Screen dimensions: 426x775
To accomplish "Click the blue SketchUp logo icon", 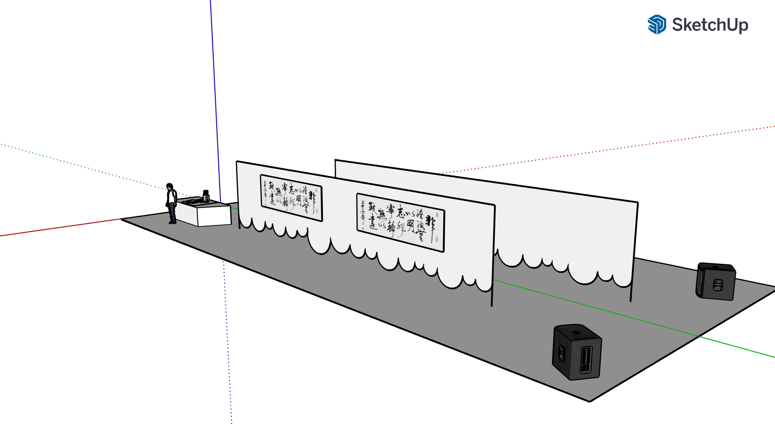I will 657,24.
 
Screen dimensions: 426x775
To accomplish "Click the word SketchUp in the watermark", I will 710,25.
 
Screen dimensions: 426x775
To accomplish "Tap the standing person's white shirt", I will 172,197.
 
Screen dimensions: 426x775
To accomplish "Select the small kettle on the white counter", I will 206,198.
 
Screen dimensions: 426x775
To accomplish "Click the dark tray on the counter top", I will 193,202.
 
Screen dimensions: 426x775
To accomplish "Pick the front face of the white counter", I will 214,216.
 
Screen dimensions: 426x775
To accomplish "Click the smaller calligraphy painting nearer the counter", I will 291,198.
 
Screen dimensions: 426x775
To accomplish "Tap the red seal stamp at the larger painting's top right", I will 437,215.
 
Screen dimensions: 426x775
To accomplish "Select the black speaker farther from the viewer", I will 715,282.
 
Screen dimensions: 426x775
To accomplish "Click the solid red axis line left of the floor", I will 62,228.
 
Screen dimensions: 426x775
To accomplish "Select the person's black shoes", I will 172,222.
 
